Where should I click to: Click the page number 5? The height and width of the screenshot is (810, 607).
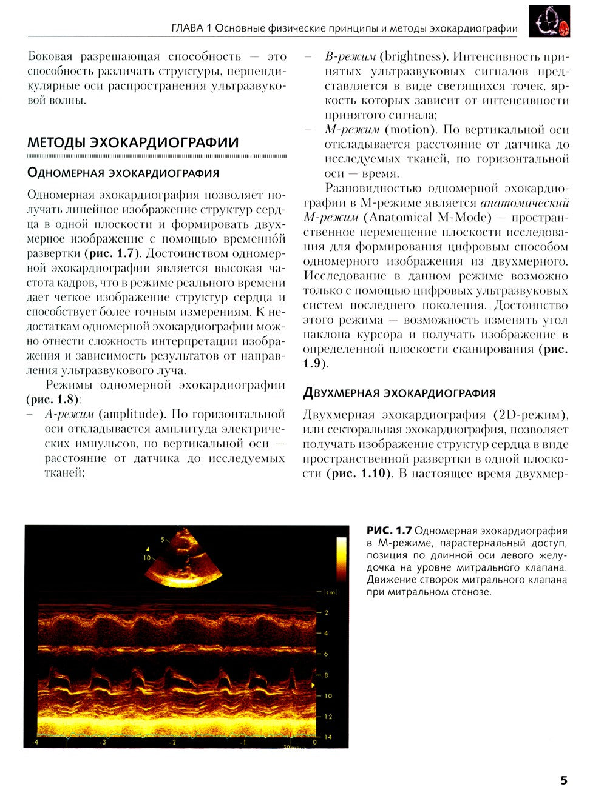(563, 780)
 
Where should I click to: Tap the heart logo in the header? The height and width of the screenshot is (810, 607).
(549, 22)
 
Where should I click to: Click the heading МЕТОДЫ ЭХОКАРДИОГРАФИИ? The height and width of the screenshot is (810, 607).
(133, 143)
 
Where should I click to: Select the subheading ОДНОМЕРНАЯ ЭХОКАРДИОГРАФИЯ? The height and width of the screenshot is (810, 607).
(123, 173)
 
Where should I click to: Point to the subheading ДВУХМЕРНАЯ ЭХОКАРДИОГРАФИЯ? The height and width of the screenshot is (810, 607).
(399, 393)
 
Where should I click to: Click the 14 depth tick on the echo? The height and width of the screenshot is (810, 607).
(328, 737)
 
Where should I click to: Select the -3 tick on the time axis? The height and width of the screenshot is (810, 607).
(103, 743)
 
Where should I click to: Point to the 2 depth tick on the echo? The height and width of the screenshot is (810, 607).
(327, 612)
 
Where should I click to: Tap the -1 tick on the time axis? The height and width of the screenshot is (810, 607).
(243, 743)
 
